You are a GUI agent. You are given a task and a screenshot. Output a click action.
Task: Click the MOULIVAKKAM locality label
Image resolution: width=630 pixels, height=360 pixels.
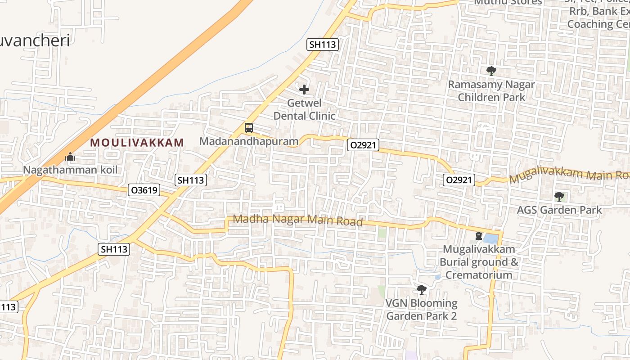(x=137, y=143)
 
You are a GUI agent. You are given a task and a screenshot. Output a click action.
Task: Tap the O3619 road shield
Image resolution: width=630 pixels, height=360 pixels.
(x=144, y=190)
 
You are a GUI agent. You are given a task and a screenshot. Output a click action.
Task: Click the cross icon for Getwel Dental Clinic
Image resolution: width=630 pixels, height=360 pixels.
(x=304, y=90)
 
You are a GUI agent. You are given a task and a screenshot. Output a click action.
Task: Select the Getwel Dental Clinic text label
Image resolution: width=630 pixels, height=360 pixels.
(x=305, y=109)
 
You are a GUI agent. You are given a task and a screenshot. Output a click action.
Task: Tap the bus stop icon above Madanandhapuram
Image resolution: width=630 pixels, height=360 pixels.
(x=249, y=128)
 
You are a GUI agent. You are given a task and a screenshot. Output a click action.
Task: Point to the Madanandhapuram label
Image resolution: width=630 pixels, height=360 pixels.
(x=249, y=141)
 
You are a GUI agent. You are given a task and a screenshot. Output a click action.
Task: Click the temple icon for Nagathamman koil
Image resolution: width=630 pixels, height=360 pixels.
(x=70, y=157)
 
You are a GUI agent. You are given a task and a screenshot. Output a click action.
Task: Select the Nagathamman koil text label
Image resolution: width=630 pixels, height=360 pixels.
(x=70, y=170)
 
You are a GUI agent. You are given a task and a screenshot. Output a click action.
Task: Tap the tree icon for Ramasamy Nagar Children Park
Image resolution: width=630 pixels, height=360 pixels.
(x=491, y=71)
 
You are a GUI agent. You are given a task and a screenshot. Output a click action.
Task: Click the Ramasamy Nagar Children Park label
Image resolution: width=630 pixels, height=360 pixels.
(x=491, y=90)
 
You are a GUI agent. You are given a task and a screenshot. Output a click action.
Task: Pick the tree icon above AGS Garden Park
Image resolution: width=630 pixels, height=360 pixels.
(x=559, y=196)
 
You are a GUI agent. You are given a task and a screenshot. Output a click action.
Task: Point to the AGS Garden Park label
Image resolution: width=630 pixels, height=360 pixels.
(x=559, y=210)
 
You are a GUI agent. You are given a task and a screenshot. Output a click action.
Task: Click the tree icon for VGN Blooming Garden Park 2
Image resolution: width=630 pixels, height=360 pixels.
(x=421, y=290)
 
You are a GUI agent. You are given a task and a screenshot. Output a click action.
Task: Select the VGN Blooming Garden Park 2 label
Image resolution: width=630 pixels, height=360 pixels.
(x=421, y=310)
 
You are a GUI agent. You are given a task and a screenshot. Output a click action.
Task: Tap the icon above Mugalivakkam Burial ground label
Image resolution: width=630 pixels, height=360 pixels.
(x=478, y=236)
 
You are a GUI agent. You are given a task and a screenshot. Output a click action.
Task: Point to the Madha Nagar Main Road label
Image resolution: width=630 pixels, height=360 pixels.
(x=298, y=220)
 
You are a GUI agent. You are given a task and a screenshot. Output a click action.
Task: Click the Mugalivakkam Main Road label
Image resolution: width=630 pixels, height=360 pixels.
(x=569, y=176)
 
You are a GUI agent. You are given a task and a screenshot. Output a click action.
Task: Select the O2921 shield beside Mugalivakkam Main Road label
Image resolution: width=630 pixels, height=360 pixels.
(x=459, y=180)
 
